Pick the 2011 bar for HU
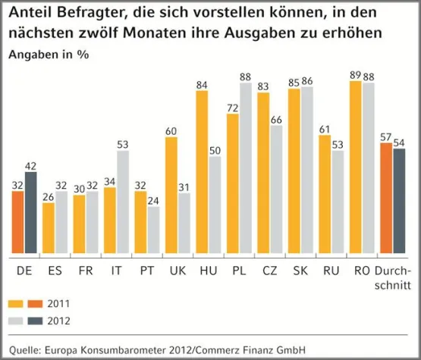[x=203, y=173]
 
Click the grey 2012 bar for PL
[x=245, y=168]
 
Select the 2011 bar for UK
[x=171, y=195]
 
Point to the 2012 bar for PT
[x=153, y=230]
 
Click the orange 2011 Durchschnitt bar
[x=387, y=199]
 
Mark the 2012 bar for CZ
[x=275, y=189]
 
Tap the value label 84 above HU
[x=203, y=85]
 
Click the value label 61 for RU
[x=325, y=129]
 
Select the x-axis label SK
[x=300, y=270]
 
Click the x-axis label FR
[x=86, y=270]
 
